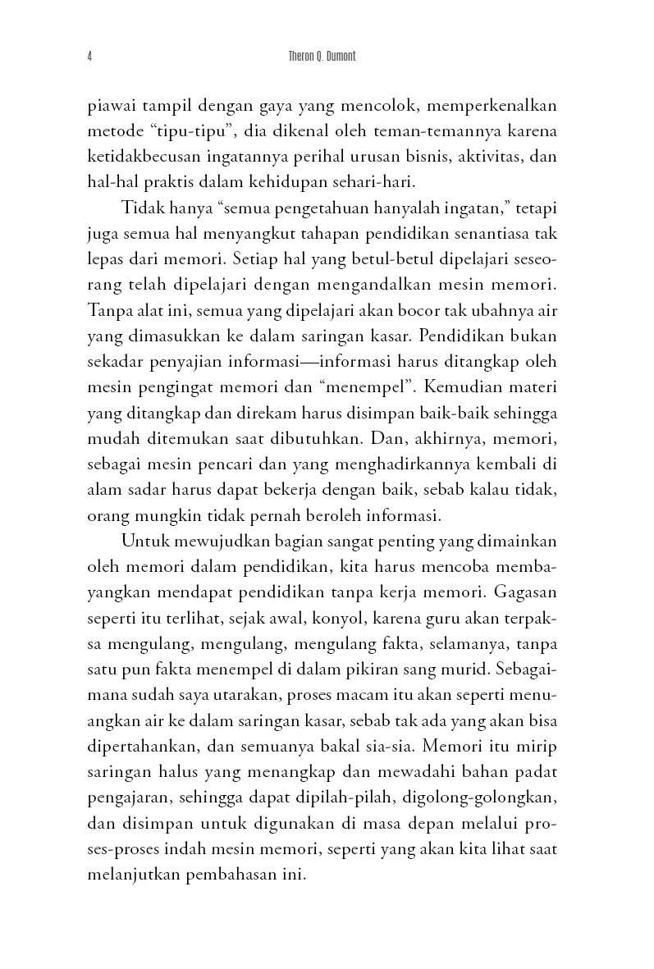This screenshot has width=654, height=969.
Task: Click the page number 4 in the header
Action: point(88,57)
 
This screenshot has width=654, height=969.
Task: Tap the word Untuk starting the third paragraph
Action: point(141,541)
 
